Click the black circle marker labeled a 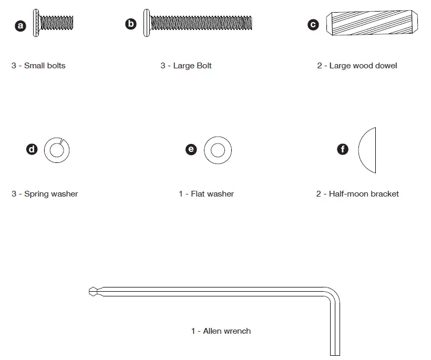pyautogui.click(x=20, y=25)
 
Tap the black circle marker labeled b pyautogui.click(x=131, y=24)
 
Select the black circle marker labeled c pyautogui.click(x=313, y=24)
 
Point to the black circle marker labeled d pyautogui.click(x=32, y=149)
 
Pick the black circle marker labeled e pyautogui.click(x=191, y=149)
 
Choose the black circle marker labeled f pyautogui.click(x=343, y=149)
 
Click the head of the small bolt pyautogui.click(x=36, y=23)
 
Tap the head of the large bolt pyautogui.click(x=147, y=23)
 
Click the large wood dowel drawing pyautogui.click(x=372, y=24)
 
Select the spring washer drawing pyautogui.click(x=57, y=150)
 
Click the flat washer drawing pyautogui.click(x=218, y=150)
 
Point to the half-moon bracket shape pyautogui.click(x=368, y=150)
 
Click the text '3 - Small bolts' pyautogui.click(x=38, y=66)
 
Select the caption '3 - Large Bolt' pyautogui.click(x=186, y=66)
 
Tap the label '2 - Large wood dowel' pyautogui.click(x=357, y=66)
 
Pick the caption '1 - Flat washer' pyautogui.click(x=206, y=194)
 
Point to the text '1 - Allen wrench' pyautogui.click(x=221, y=331)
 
